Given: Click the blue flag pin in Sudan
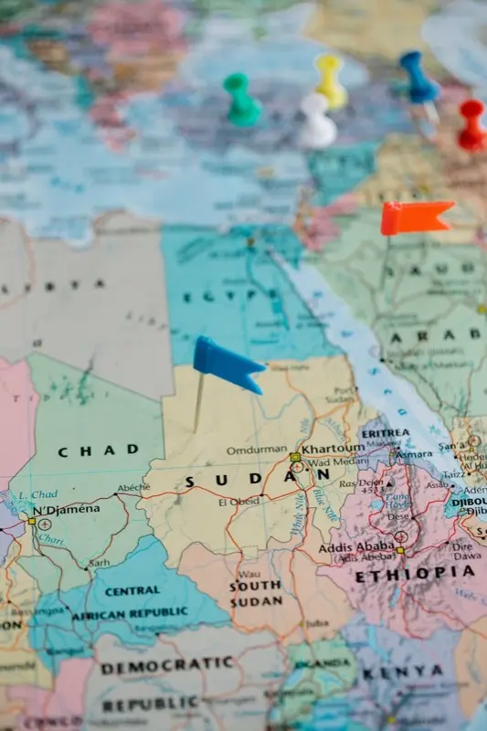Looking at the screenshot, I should click(x=227, y=362).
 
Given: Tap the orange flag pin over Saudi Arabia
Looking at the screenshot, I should click(x=415, y=217).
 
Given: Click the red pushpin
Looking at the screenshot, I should click(x=472, y=125).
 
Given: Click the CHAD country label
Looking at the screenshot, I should click(x=99, y=450).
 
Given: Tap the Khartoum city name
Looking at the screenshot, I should click(x=333, y=450).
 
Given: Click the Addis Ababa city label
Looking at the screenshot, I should click(x=363, y=546).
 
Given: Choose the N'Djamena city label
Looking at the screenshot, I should click(x=66, y=510).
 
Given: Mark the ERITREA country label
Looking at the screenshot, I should click(x=386, y=434).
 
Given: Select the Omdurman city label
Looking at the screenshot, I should click(x=257, y=450).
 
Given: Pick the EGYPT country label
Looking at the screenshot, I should click(x=211, y=297).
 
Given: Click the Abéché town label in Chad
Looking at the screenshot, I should click(x=133, y=488).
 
